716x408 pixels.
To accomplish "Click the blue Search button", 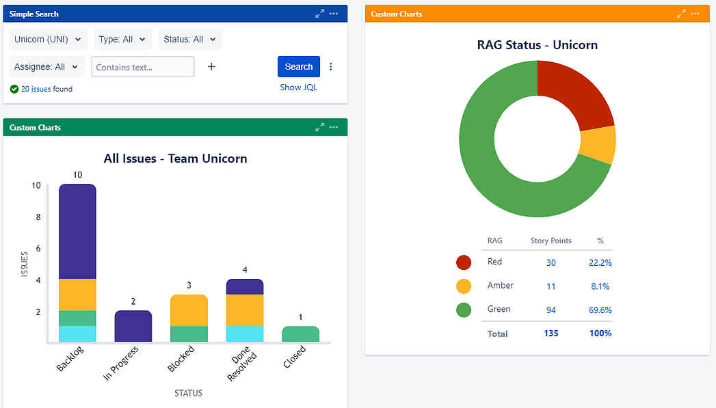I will pyautogui.click(x=298, y=66).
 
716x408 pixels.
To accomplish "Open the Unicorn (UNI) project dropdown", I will pyautogui.click(x=49, y=40).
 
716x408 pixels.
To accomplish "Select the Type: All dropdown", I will pyautogui.click(x=122, y=40).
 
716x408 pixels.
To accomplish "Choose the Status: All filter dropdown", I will pyautogui.click(x=190, y=40).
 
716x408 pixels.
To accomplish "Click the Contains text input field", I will pyautogui.click(x=142, y=67).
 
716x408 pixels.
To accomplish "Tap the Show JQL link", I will pyautogui.click(x=298, y=87).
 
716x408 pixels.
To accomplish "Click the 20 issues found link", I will pyautogui.click(x=36, y=89).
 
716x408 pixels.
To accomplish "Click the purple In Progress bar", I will pyautogui.click(x=133, y=327).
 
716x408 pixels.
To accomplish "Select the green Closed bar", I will pyautogui.click(x=301, y=334).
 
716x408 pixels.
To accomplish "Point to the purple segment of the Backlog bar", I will pyautogui.click(x=77, y=231).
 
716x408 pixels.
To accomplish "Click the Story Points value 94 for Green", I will pyautogui.click(x=551, y=310).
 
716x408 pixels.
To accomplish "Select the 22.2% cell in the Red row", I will pyautogui.click(x=600, y=262).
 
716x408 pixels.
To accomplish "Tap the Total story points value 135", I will pyautogui.click(x=551, y=334).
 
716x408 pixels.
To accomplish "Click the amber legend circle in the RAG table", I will pyautogui.click(x=464, y=286).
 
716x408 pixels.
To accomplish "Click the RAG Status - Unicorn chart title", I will pyautogui.click(x=537, y=45).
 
